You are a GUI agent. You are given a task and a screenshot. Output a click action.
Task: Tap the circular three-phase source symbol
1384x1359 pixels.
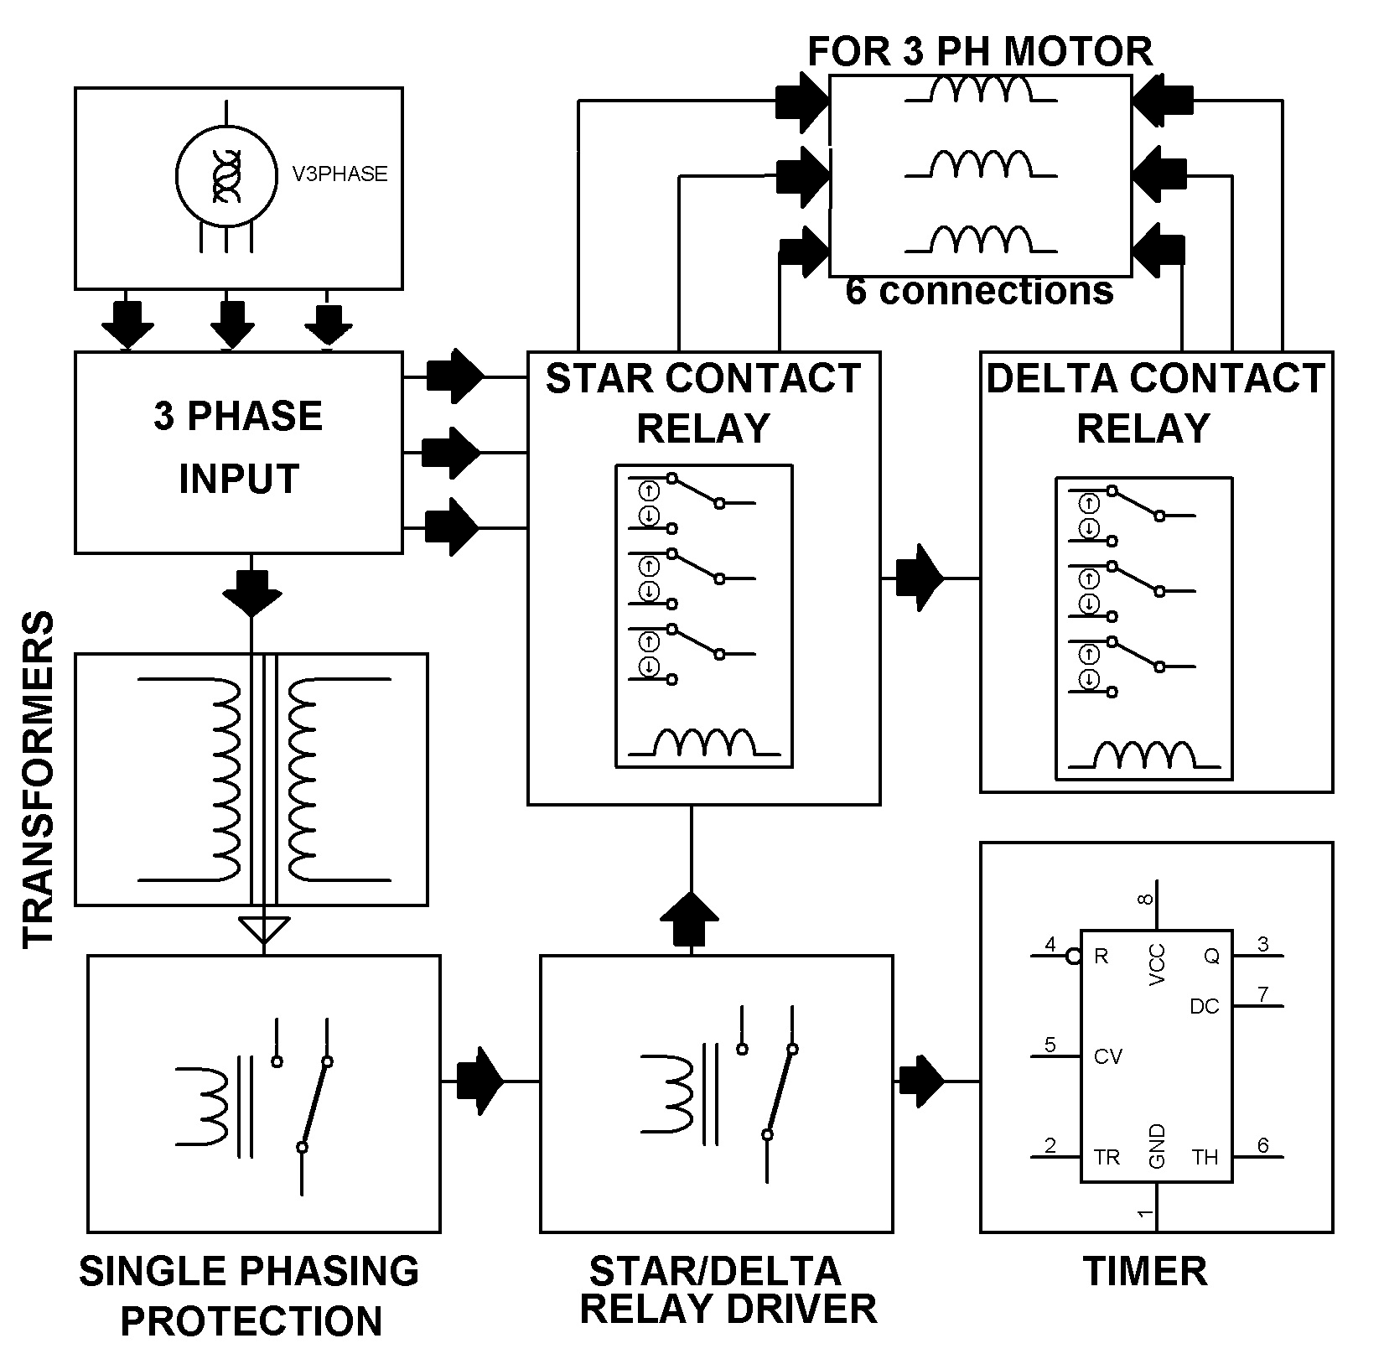tap(226, 174)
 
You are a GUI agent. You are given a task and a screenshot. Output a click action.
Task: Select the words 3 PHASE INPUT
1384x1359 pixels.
tap(238, 447)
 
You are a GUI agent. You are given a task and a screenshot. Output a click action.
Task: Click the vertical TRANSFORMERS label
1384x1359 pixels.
tap(38, 780)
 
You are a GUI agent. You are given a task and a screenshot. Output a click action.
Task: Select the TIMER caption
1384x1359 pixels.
tap(1145, 1271)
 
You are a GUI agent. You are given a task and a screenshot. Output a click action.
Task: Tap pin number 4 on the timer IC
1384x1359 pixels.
tap(1050, 945)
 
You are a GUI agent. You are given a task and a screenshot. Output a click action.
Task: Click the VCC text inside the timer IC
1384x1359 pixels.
tap(1157, 964)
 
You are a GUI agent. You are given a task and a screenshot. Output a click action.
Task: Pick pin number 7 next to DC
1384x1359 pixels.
tap(1262, 994)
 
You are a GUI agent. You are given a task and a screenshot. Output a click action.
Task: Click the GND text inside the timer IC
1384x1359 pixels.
tap(1157, 1146)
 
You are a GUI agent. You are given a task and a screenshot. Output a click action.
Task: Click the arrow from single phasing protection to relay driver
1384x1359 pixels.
tap(479, 1081)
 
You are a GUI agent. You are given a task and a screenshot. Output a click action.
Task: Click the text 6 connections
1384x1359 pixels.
tap(979, 291)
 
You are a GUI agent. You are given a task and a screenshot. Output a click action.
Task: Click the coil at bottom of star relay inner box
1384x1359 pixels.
tap(704, 743)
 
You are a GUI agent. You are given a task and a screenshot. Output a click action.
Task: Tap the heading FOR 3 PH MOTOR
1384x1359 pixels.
tap(979, 51)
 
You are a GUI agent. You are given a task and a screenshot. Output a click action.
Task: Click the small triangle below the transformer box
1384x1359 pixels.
tap(264, 929)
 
